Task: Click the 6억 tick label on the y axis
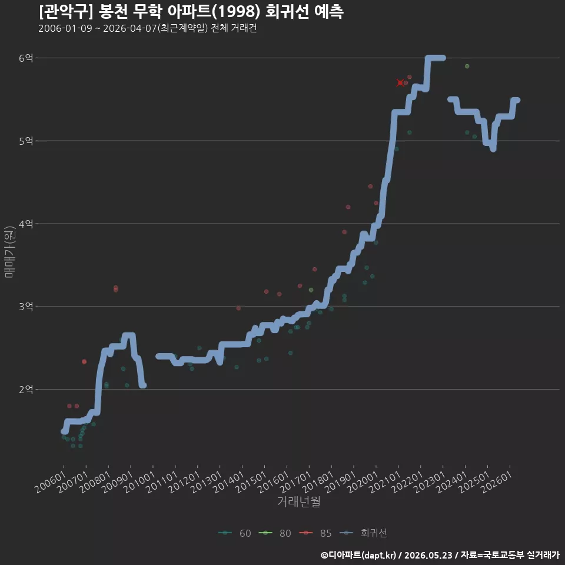point(25,58)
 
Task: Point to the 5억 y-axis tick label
point(25,141)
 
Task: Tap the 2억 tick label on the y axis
point(25,390)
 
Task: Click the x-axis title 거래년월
point(299,501)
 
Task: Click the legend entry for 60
point(235,533)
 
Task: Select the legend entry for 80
point(275,533)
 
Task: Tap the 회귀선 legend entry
point(363,533)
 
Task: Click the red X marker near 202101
point(400,83)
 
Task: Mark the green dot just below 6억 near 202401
point(467,67)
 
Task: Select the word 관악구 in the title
point(66,12)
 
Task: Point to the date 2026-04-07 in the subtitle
point(129,28)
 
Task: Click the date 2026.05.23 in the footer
point(428,555)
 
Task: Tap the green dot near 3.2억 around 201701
point(311,290)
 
